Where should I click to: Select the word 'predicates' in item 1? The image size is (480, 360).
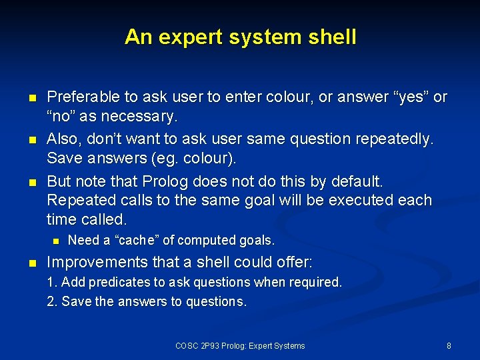click(113, 282)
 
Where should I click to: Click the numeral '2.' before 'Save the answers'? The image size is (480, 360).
click(52, 301)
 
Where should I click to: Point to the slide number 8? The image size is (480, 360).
click(449, 345)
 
